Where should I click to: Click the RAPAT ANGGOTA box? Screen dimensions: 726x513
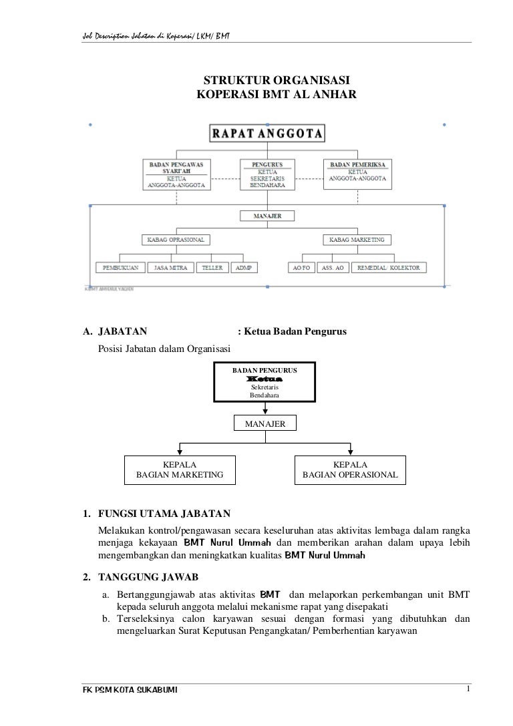click(x=268, y=133)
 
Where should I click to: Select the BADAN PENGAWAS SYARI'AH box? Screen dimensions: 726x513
click(x=176, y=175)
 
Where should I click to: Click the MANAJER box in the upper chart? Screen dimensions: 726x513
click(x=267, y=216)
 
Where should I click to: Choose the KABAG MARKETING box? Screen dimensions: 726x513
click(x=357, y=239)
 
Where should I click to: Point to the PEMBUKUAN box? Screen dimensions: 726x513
click(x=120, y=267)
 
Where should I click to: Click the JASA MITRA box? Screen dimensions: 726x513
click(x=170, y=267)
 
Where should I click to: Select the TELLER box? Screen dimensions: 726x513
click(x=212, y=267)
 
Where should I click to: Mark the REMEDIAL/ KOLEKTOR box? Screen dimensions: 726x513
click(x=389, y=267)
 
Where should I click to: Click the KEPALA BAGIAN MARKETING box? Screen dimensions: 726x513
click(x=180, y=470)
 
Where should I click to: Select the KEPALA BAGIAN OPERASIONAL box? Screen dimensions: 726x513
click(x=351, y=470)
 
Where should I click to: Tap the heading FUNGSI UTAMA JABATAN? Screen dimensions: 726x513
click(x=164, y=514)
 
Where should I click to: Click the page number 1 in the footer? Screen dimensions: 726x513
click(x=470, y=689)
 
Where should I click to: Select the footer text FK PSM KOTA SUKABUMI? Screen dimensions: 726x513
click(x=120, y=690)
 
